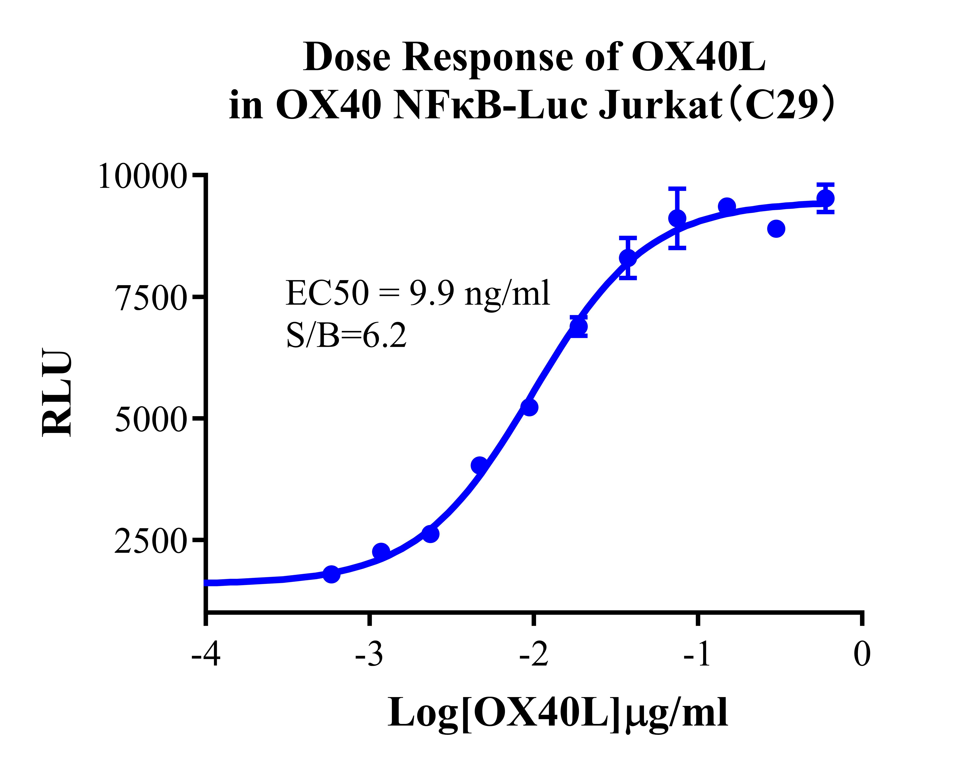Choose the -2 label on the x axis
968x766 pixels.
coord(534,654)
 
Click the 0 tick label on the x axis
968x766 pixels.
coord(862,654)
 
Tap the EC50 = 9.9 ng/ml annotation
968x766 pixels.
coord(417,293)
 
